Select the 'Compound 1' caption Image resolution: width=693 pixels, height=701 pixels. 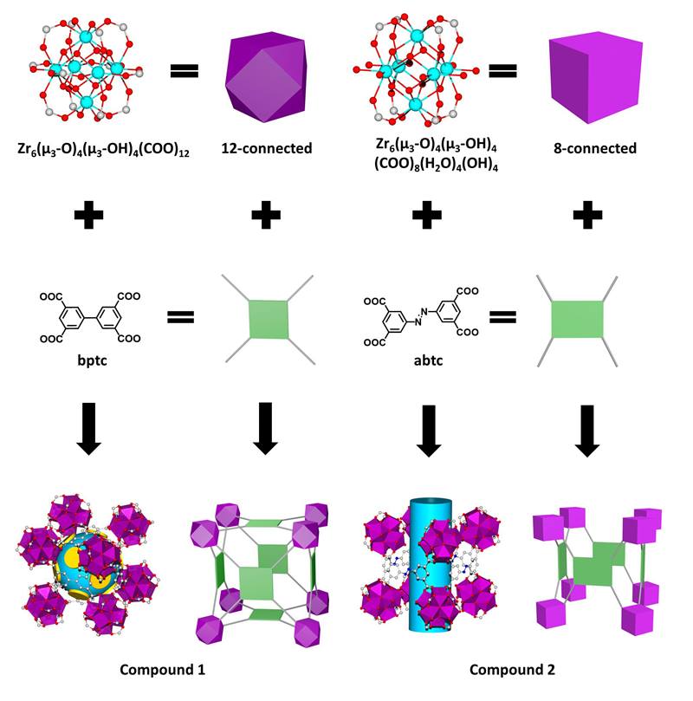tap(162, 669)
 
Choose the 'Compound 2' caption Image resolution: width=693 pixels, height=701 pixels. tap(512, 669)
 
